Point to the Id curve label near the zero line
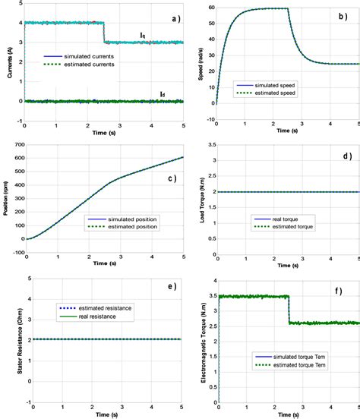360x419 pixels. click(162, 94)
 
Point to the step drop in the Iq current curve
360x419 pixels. click(103, 32)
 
